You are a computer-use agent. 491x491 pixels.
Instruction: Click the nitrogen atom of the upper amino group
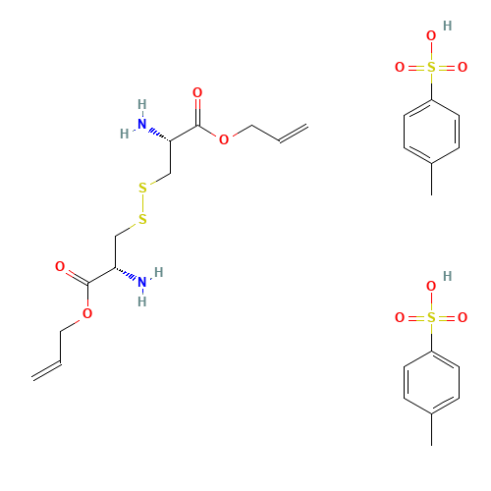tap(142, 125)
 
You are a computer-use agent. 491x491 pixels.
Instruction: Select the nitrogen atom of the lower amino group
tap(142, 283)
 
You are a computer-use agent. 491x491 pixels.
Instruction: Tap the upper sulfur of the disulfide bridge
tap(142, 188)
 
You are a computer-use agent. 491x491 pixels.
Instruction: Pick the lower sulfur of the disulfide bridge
tap(142, 219)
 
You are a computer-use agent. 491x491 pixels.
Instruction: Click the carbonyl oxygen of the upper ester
tap(197, 93)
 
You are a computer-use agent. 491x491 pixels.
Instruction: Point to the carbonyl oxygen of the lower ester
tap(60, 266)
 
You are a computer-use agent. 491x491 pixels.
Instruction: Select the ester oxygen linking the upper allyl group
tap(224, 140)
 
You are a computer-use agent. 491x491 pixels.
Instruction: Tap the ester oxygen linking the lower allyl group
tap(87, 313)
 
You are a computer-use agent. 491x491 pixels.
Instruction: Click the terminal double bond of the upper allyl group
tap(294, 134)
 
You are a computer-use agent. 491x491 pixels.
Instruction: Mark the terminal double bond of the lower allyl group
tap(46, 369)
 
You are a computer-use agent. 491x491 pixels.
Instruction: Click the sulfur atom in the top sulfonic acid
tap(431, 68)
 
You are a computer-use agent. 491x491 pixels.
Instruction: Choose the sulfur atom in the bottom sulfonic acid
tap(431, 318)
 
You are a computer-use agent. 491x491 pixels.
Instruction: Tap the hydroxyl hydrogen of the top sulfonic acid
tap(448, 27)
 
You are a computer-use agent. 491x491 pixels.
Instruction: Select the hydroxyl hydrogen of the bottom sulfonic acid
tap(448, 277)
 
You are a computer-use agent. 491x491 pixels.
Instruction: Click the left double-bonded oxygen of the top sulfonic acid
tap(400, 68)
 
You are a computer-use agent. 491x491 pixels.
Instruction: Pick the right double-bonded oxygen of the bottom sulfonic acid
tap(463, 318)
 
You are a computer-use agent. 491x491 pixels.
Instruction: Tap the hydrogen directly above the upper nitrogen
tap(142, 104)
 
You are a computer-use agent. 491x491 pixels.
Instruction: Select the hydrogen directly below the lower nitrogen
tap(142, 302)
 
